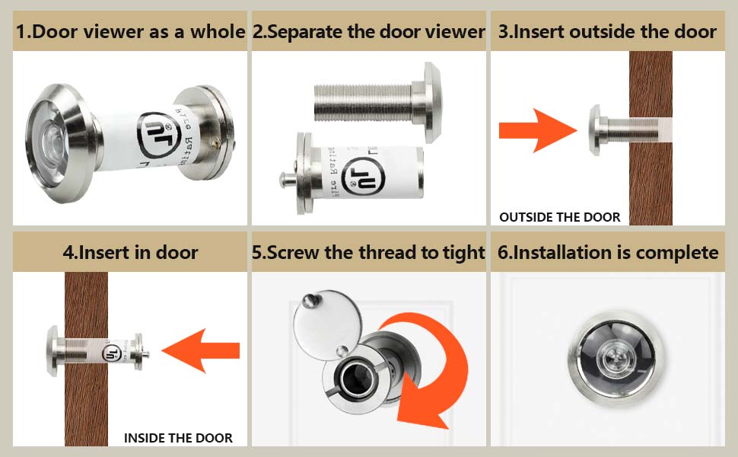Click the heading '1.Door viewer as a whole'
(x=130, y=32)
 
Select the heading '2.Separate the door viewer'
(x=369, y=32)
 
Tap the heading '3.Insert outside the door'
(x=607, y=32)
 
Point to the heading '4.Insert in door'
(x=130, y=252)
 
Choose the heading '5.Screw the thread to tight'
(x=369, y=252)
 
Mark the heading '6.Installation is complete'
(x=607, y=252)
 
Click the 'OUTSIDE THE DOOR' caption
(x=559, y=217)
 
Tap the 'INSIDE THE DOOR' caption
(x=178, y=438)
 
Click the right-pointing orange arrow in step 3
(x=536, y=132)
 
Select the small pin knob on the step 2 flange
(x=284, y=181)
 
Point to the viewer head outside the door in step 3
(x=596, y=131)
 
